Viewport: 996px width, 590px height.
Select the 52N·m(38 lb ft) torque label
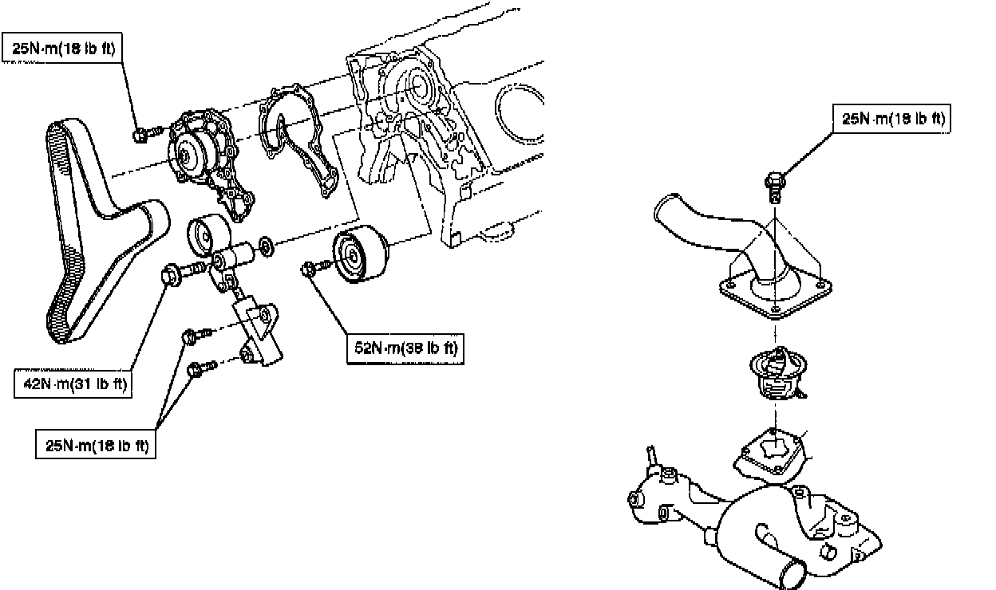click(405, 348)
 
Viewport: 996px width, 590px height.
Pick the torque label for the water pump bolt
click(62, 48)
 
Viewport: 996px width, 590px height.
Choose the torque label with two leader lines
click(96, 444)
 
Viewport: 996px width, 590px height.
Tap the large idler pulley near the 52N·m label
click(360, 254)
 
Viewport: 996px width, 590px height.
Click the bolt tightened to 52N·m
click(316, 267)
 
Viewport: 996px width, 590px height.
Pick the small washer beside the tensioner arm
click(267, 246)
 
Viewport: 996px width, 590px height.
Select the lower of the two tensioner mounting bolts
click(203, 368)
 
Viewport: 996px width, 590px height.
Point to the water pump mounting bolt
click(147, 133)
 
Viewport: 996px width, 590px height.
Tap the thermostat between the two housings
click(778, 373)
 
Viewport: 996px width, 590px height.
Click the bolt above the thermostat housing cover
click(775, 187)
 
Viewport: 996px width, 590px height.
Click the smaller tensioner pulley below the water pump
click(208, 234)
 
